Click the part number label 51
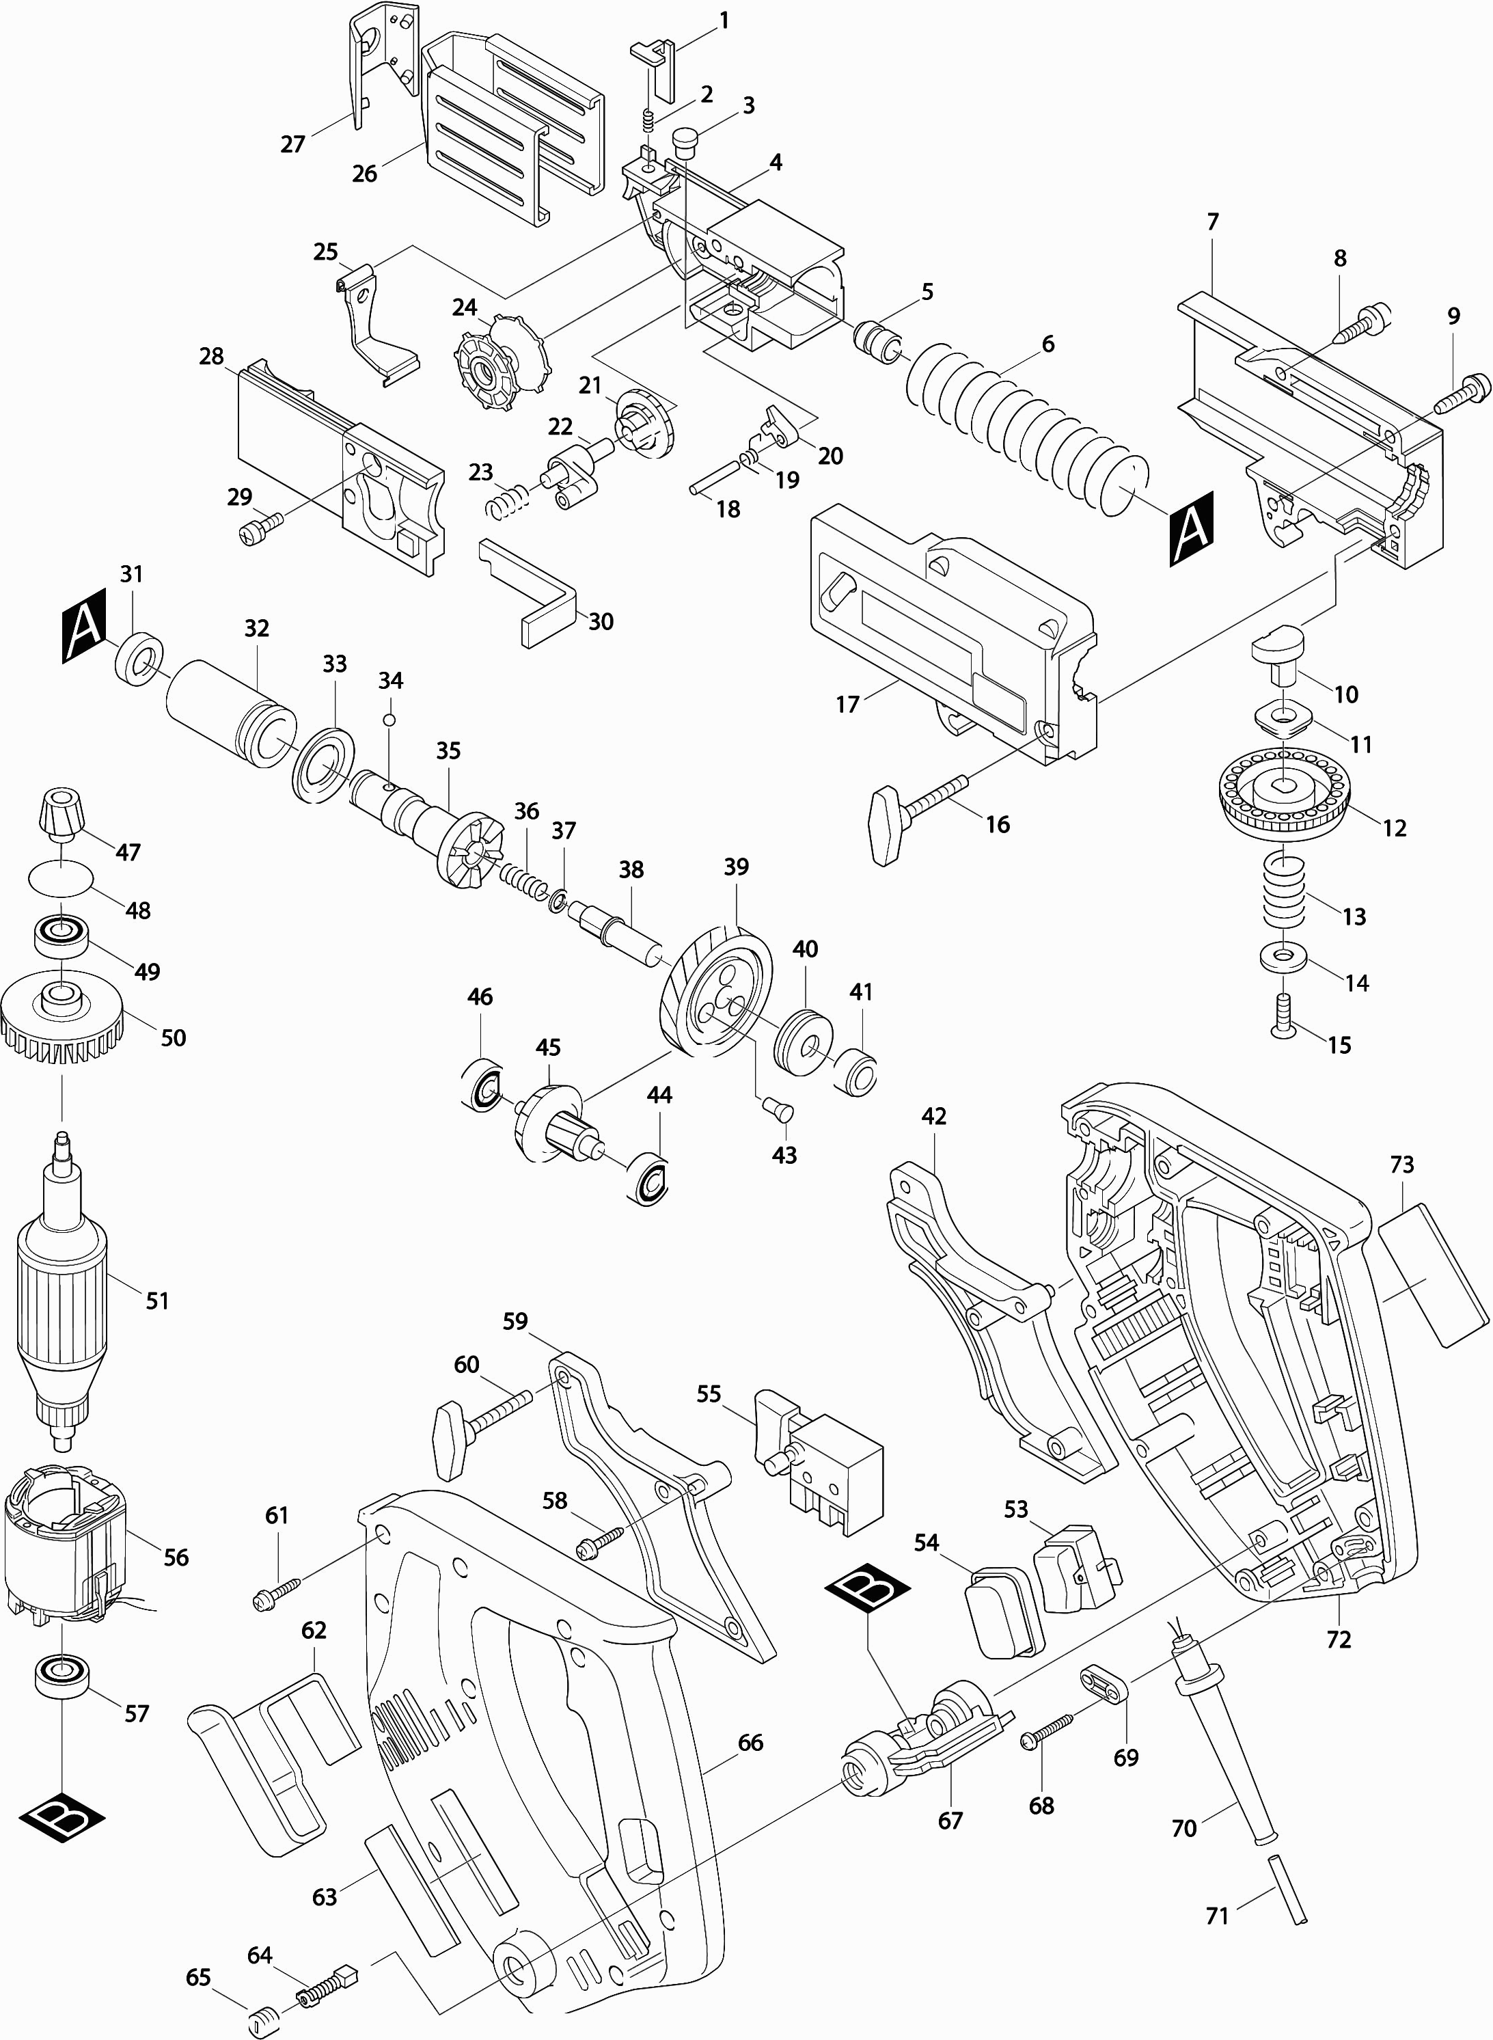pos(157,1301)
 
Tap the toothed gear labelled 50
pos(61,1020)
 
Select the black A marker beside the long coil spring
pos(1191,530)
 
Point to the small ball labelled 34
pos(389,720)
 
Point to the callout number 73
pos(1401,1165)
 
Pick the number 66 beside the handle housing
pos(750,1743)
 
